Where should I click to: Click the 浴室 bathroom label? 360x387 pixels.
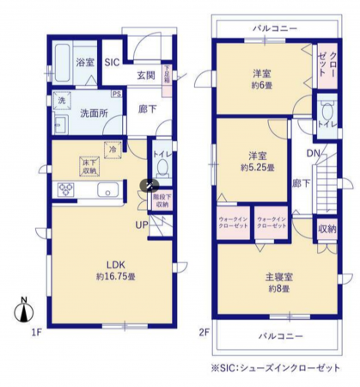tap(84, 62)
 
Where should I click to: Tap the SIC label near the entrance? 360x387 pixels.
tap(113, 62)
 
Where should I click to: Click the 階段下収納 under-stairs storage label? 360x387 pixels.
tap(161, 202)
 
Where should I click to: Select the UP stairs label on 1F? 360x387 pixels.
tap(139, 224)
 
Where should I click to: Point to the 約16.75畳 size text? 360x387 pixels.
tap(119, 276)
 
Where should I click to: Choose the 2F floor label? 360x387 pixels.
tap(204, 331)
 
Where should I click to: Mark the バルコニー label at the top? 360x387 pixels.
tap(275, 28)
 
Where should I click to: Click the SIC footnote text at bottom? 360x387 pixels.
tap(275, 368)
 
